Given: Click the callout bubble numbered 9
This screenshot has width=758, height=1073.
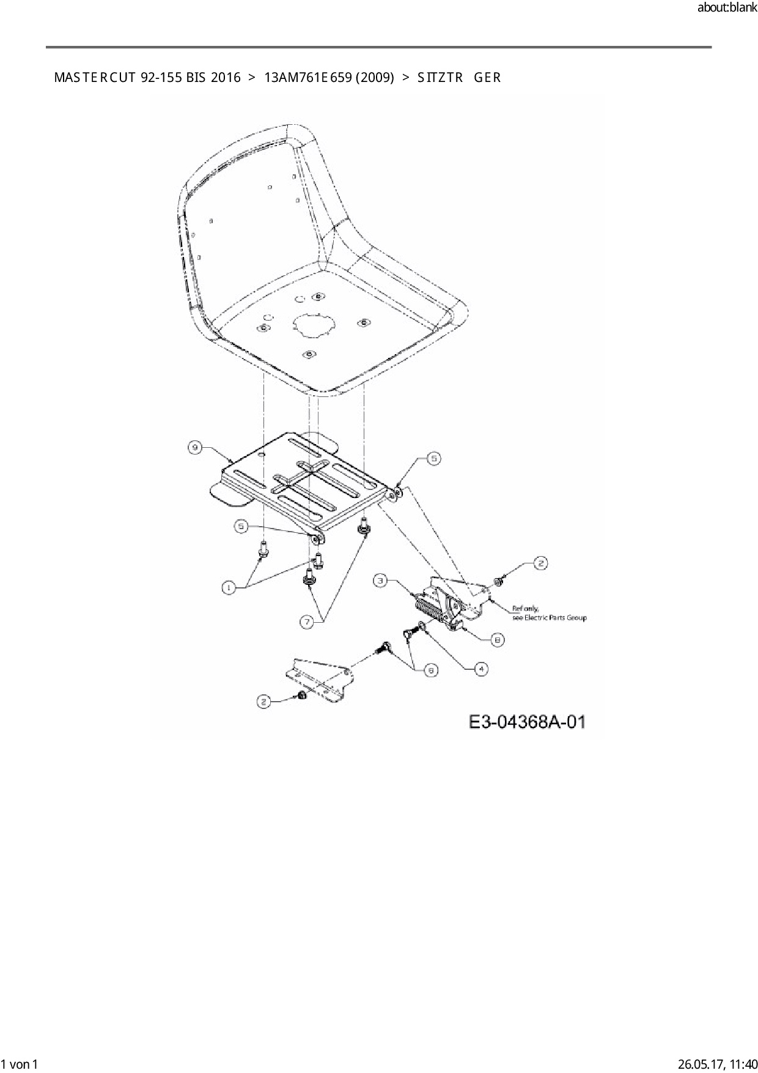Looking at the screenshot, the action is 194,448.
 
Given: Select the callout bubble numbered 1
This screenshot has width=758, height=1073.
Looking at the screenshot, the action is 228,588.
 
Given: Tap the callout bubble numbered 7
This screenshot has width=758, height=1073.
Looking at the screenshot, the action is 307,622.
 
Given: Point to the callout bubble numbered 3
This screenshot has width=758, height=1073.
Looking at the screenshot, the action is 381,580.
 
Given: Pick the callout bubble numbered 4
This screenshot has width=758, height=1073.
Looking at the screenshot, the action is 481,669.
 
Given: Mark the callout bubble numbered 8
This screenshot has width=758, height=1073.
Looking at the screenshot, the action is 498,640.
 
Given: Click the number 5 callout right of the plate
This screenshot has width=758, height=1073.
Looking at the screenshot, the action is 433,458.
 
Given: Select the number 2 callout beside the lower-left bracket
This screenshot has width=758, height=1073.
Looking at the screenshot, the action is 263,702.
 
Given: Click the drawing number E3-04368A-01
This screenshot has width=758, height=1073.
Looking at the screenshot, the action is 527,722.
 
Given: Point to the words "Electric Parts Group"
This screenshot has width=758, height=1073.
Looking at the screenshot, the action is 556,618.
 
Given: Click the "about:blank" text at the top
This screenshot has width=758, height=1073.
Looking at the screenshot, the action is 727,8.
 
